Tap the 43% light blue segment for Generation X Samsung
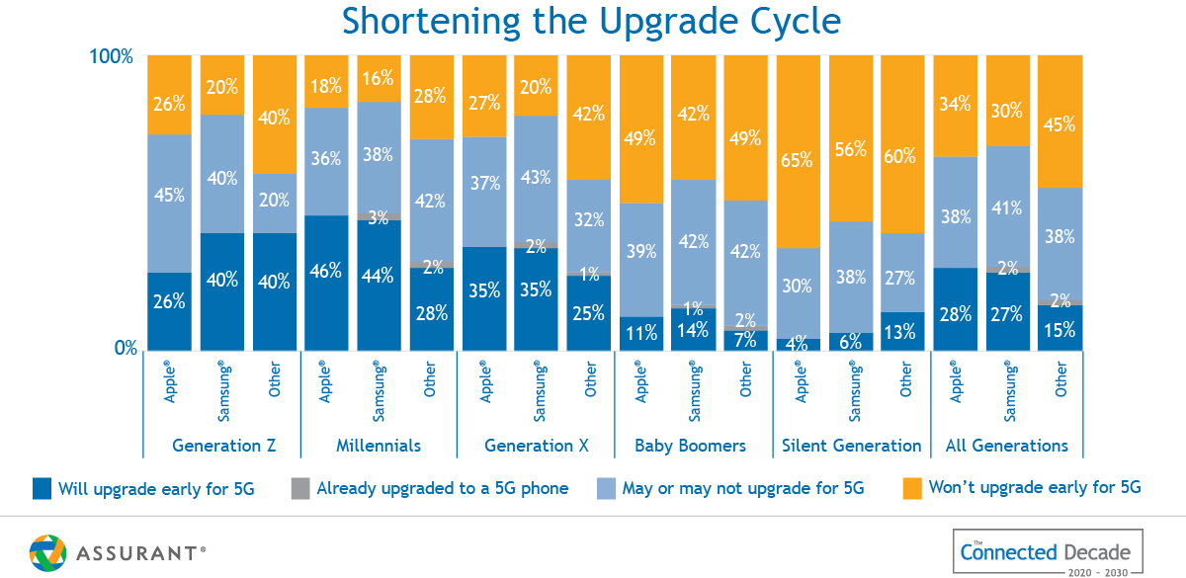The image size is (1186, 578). tap(537, 179)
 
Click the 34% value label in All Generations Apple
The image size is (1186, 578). tap(956, 104)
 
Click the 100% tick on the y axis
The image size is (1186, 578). tap(111, 56)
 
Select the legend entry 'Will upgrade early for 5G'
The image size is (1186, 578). tap(156, 488)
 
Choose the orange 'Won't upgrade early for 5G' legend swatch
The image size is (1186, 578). tap(911, 488)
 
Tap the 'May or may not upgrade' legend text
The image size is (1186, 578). tap(742, 488)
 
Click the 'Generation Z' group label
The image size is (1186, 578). tap(223, 446)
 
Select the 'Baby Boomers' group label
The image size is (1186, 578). tap(693, 446)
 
